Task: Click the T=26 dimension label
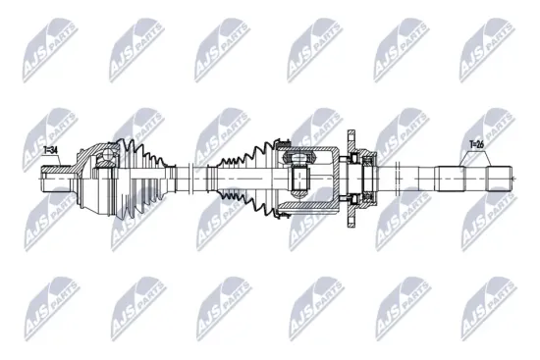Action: pos(477,145)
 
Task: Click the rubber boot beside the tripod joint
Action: pos(245,177)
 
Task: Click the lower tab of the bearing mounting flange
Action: pos(351,217)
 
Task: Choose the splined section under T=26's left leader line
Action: pos(451,178)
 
